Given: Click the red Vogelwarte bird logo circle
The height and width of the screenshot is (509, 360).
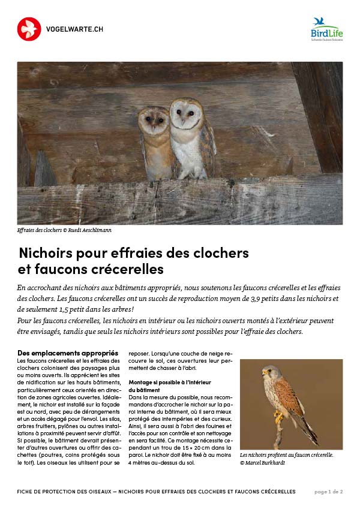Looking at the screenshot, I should click(x=29, y=29).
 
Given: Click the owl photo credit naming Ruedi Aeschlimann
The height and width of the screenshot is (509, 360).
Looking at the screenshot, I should click(x=65, y=230).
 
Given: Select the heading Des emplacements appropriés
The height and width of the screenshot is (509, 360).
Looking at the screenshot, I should click(x=68, y=353).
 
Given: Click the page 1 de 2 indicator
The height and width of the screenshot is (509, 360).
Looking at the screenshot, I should click(x=329, y=492).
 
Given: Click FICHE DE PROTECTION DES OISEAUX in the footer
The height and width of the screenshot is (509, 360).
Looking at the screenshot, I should click(x=65, y=492).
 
